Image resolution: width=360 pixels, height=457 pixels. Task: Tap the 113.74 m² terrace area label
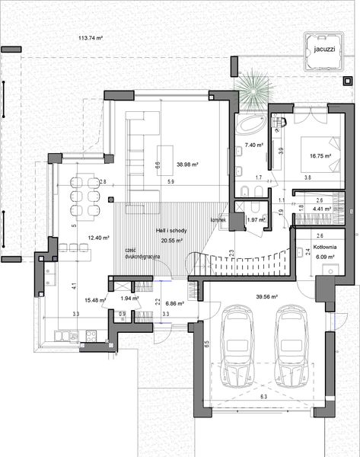91,37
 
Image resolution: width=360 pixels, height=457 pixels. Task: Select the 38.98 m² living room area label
186,164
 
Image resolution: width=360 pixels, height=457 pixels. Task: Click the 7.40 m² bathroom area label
253,145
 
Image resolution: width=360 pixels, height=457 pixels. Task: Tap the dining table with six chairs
84,195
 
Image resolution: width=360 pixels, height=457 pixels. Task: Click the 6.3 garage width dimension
263,397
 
